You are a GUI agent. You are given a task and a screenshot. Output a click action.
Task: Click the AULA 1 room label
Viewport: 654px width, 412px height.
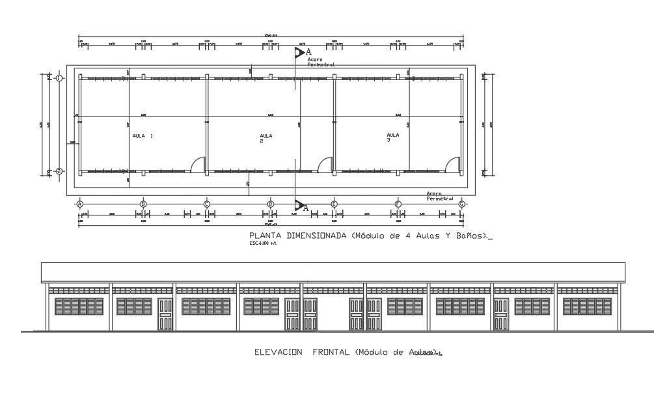point(143,136)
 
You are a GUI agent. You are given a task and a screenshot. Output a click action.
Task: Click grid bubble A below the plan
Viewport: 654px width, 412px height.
point(80,204)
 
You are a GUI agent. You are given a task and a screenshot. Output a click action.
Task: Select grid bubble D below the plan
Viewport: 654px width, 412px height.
point(271,204)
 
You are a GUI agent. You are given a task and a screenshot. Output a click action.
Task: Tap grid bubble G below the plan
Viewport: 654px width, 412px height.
point(461,204)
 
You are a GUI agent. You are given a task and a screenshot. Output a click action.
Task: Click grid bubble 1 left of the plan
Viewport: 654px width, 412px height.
point(59,78)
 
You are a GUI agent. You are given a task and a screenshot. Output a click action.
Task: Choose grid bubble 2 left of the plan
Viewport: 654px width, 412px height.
point(59,171)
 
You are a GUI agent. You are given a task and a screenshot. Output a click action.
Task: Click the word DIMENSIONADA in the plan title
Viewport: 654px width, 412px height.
point(314,236)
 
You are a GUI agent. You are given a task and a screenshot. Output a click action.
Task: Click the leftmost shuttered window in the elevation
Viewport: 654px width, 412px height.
point(79,307)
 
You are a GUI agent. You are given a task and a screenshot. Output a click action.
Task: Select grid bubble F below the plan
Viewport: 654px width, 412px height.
point(398,204)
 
